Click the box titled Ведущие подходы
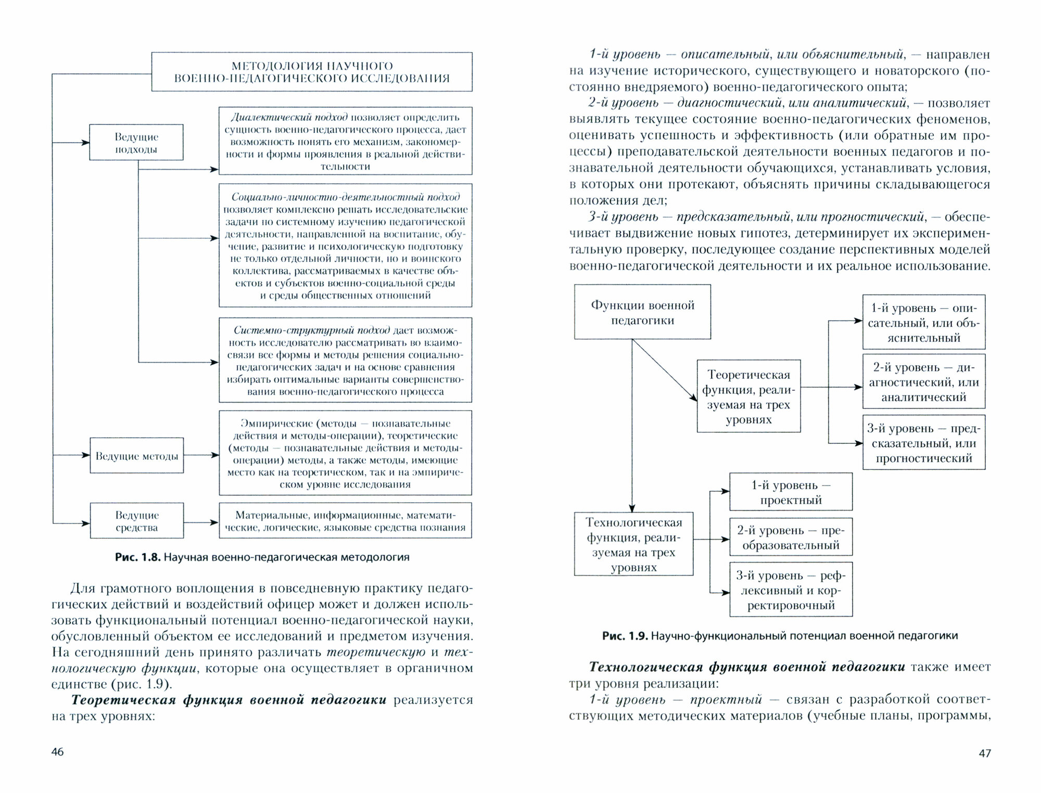(136, 142)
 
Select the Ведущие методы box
(136, 456)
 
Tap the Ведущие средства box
(136, 520)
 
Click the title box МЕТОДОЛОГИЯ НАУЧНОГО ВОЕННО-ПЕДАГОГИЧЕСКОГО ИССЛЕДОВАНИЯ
(312, 72)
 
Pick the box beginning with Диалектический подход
(345, 141)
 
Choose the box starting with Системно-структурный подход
(345, 360)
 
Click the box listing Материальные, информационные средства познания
(345, 520)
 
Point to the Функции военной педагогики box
(642, 312)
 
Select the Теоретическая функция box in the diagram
(748, 396)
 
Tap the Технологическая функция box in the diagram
(633, 544)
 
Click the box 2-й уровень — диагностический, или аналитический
(924, 382)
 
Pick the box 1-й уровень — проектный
(791, 492)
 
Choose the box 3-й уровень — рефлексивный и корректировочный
(791, 590)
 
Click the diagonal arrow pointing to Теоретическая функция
(665, 370)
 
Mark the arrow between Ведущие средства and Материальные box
(201, 522)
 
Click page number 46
(58, 752)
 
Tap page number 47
(985, 753)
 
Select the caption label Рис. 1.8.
(137, 557)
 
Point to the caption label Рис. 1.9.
(624, 636)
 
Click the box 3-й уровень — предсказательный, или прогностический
(924, 443)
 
